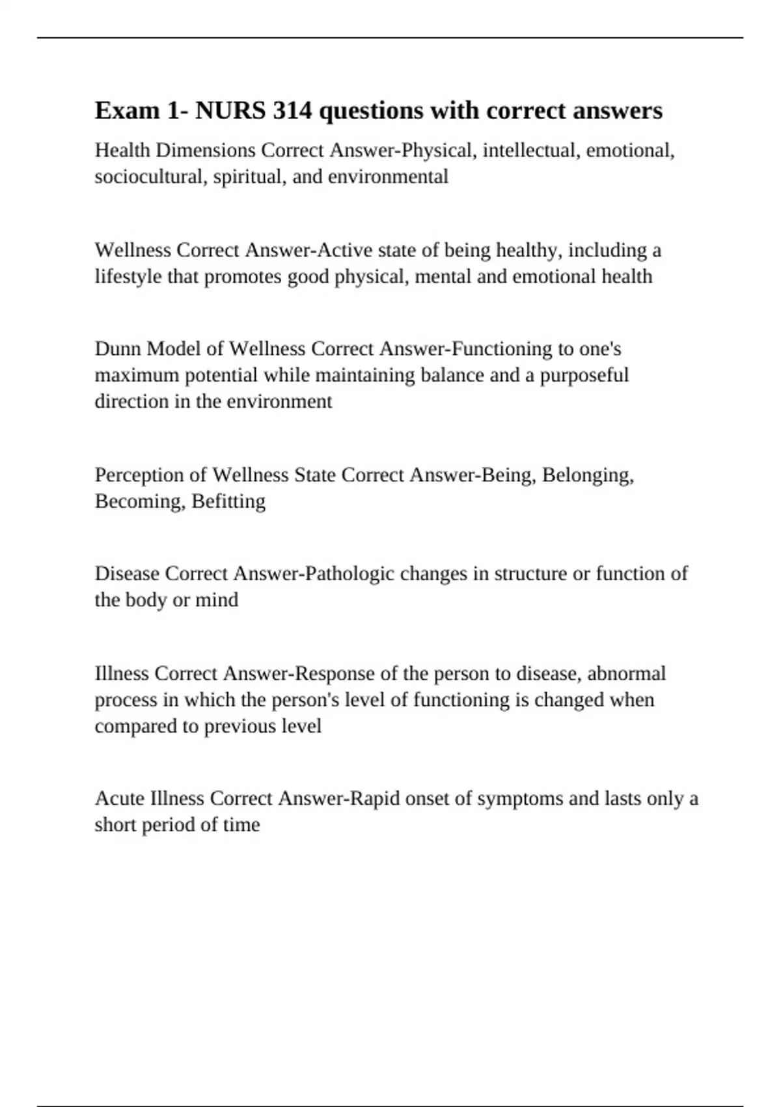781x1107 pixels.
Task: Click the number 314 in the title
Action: [x=292, y=111]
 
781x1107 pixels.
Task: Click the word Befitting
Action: [x=228, y=501]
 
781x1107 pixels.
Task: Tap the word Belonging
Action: [x=587, y=475]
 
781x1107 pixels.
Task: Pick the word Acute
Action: [x=120, y=798]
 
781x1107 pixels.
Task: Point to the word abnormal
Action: [x=626, y=673]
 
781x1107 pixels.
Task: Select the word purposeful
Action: [x=584, y=376]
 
